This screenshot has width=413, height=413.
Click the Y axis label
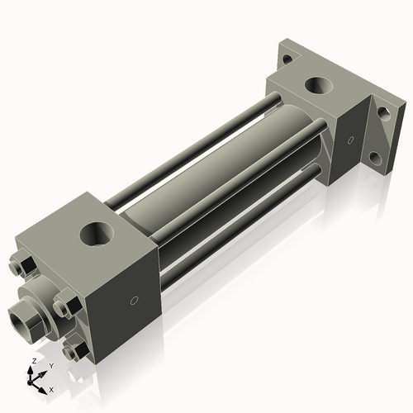(x=50, y=365)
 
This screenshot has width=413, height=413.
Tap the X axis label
(x=51, y=388)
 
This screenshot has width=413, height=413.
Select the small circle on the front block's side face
(x=133, y=301)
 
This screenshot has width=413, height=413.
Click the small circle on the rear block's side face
(x=353, y=140)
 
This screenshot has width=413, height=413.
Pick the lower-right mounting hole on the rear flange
(x=377, y=157)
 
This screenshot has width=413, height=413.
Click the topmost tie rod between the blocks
(x=198, y=140)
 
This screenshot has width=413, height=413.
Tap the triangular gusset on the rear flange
(x=382, y=134)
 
